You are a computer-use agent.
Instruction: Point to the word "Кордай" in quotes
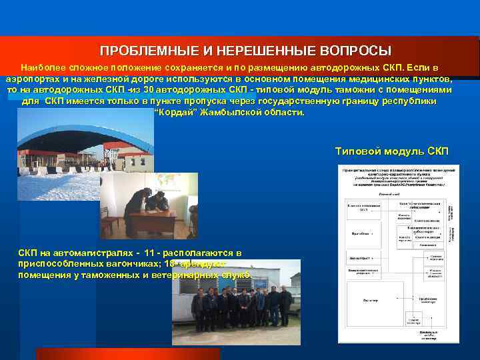click(x=174, y=112)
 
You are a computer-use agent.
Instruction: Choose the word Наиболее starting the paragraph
click(x=41, y=67)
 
